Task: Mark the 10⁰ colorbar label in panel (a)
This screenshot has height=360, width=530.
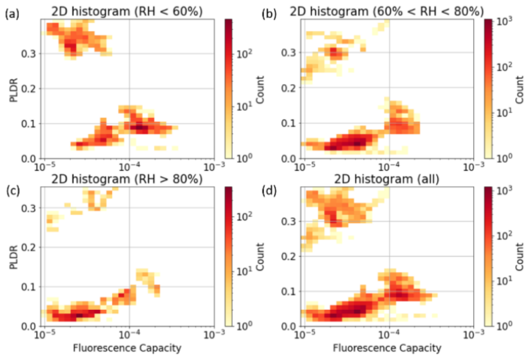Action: tap(244, 157)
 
